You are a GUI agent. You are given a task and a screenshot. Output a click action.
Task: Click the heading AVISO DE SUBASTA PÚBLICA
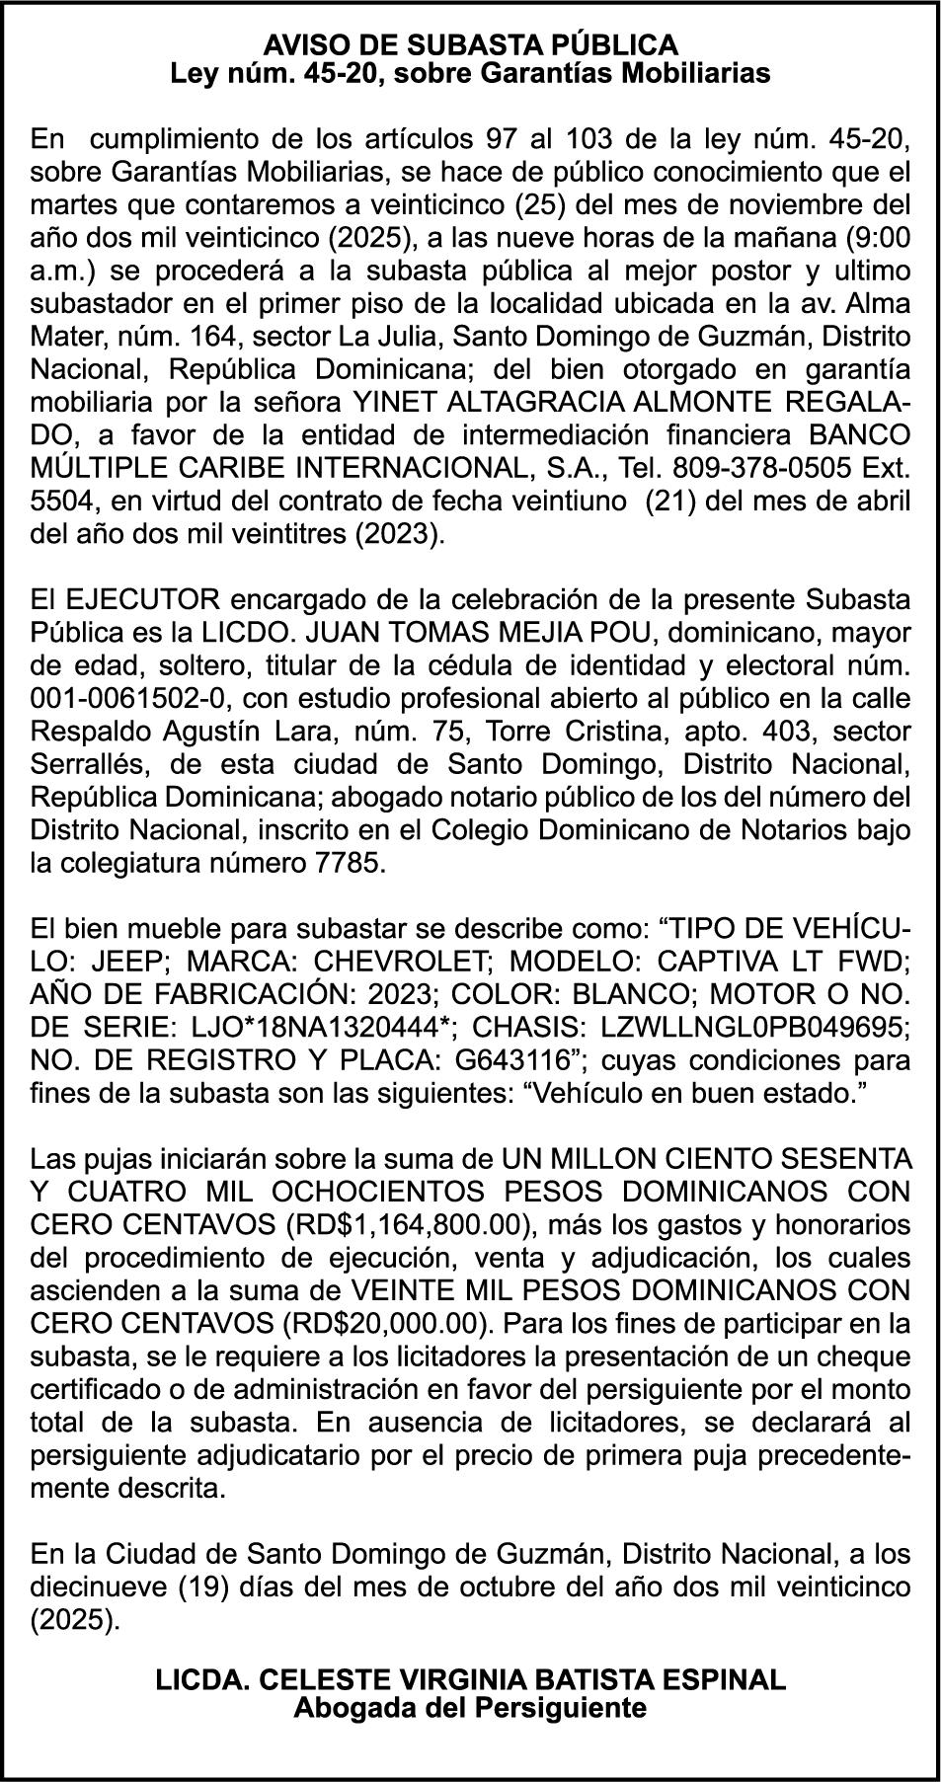point(470,44)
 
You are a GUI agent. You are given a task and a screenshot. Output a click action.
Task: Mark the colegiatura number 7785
point(343,864)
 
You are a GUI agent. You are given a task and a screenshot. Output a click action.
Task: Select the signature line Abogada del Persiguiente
point(470,1708)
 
